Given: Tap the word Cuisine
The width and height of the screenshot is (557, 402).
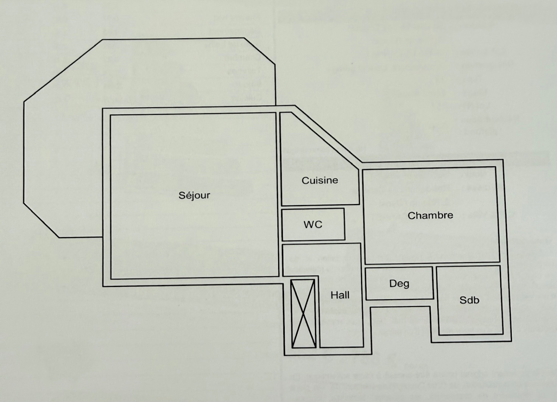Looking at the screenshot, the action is pos(320,180).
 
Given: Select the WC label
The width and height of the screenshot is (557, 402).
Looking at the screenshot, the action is pos(313,225).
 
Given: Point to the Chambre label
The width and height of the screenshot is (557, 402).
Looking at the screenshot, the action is pos(430,215).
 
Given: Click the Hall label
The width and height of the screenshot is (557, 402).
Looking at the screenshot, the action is pos(340,295).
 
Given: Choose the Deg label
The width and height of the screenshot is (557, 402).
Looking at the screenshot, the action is pos(399,284).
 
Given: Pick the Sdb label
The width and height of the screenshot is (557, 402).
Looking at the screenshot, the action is pos(469,300).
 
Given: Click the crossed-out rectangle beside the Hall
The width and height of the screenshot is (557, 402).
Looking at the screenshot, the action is pos(303,313).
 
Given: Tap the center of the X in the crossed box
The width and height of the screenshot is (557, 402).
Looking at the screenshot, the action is pos(303,313).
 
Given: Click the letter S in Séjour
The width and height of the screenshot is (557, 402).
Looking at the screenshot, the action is pos(182,195).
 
